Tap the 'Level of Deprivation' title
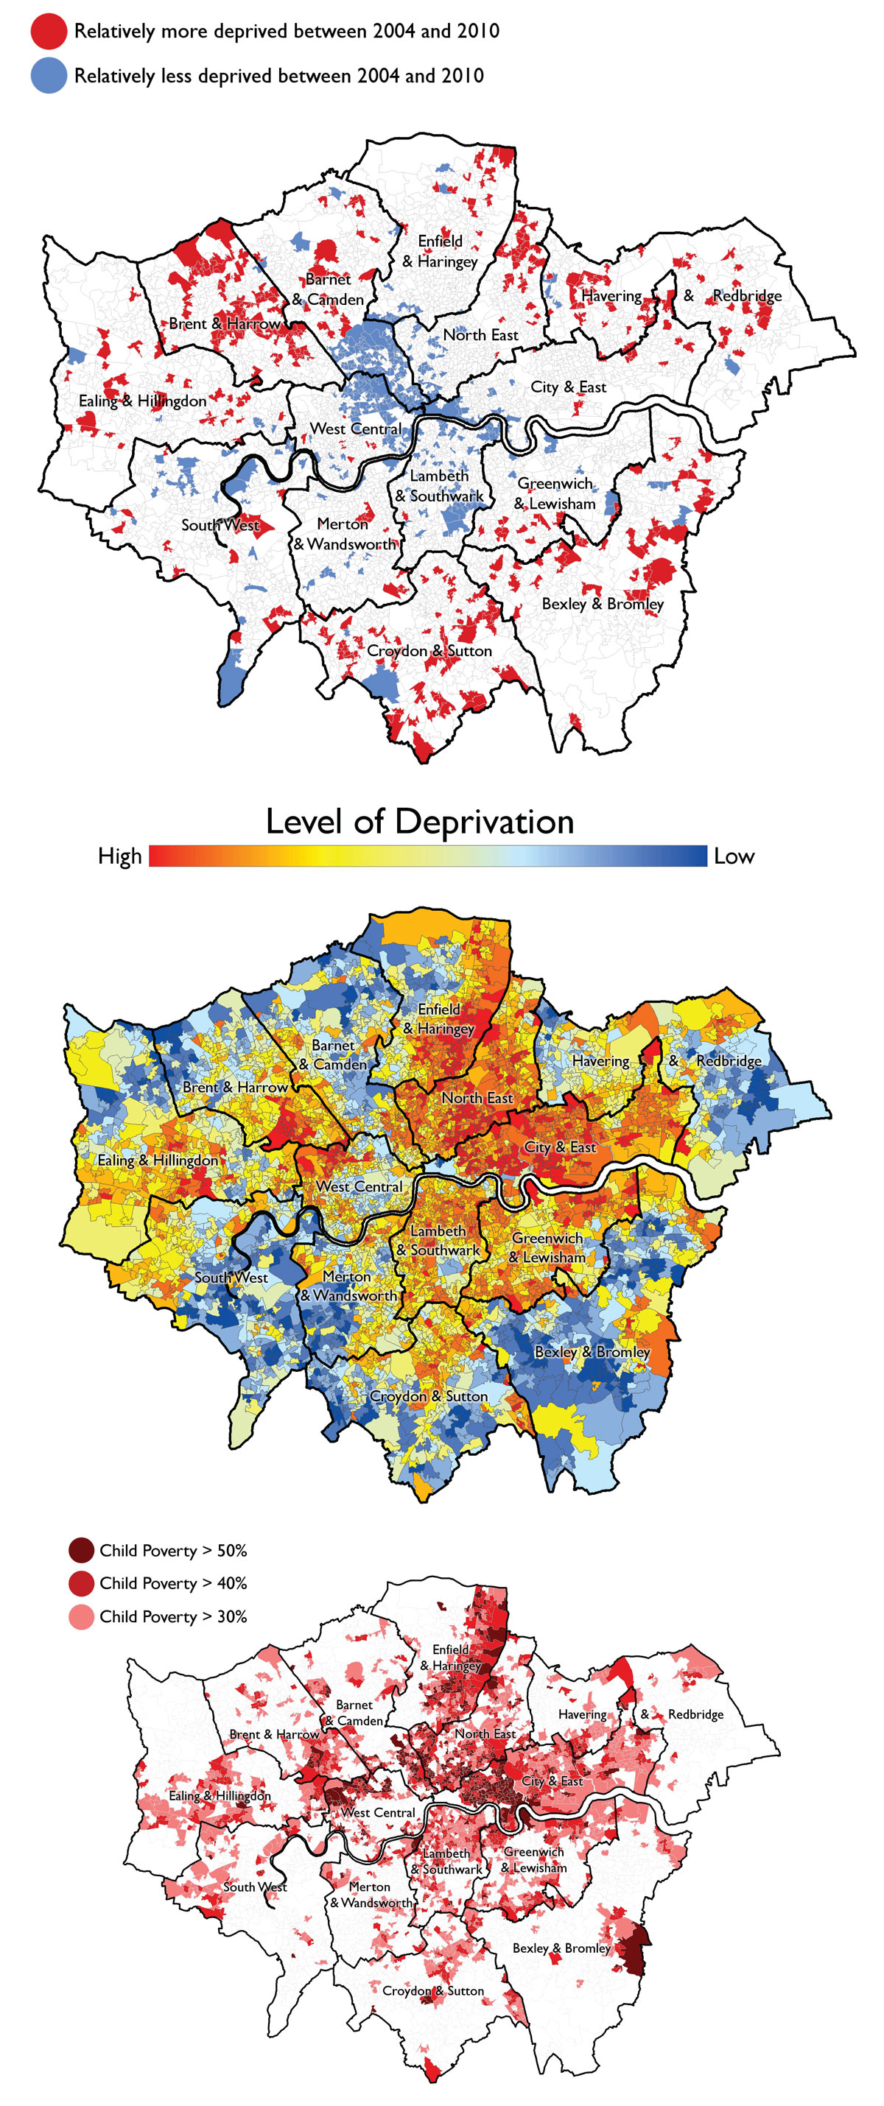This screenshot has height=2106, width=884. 419,821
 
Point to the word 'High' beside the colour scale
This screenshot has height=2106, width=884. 119,856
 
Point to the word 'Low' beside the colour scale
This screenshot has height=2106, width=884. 734,856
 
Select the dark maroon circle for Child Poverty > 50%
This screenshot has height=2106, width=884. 81,1550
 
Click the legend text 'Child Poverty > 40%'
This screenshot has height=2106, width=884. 172,1584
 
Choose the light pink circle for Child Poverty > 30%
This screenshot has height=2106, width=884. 81,1617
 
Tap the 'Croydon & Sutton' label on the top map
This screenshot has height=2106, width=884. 429,651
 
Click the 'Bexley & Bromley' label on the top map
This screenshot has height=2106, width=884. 603,604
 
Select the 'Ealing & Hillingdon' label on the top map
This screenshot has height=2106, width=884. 142,401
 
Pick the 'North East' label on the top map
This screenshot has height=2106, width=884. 481,335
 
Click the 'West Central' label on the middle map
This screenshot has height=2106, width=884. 359,1186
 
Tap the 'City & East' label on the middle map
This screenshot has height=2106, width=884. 560,1147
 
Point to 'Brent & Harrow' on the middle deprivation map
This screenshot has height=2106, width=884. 235,1088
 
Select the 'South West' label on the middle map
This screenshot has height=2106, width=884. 231,1277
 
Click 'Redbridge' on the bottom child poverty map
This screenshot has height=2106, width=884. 695,1714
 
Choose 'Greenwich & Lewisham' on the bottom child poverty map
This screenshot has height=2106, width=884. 533,1860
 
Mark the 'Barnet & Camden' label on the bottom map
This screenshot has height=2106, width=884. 354,1713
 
